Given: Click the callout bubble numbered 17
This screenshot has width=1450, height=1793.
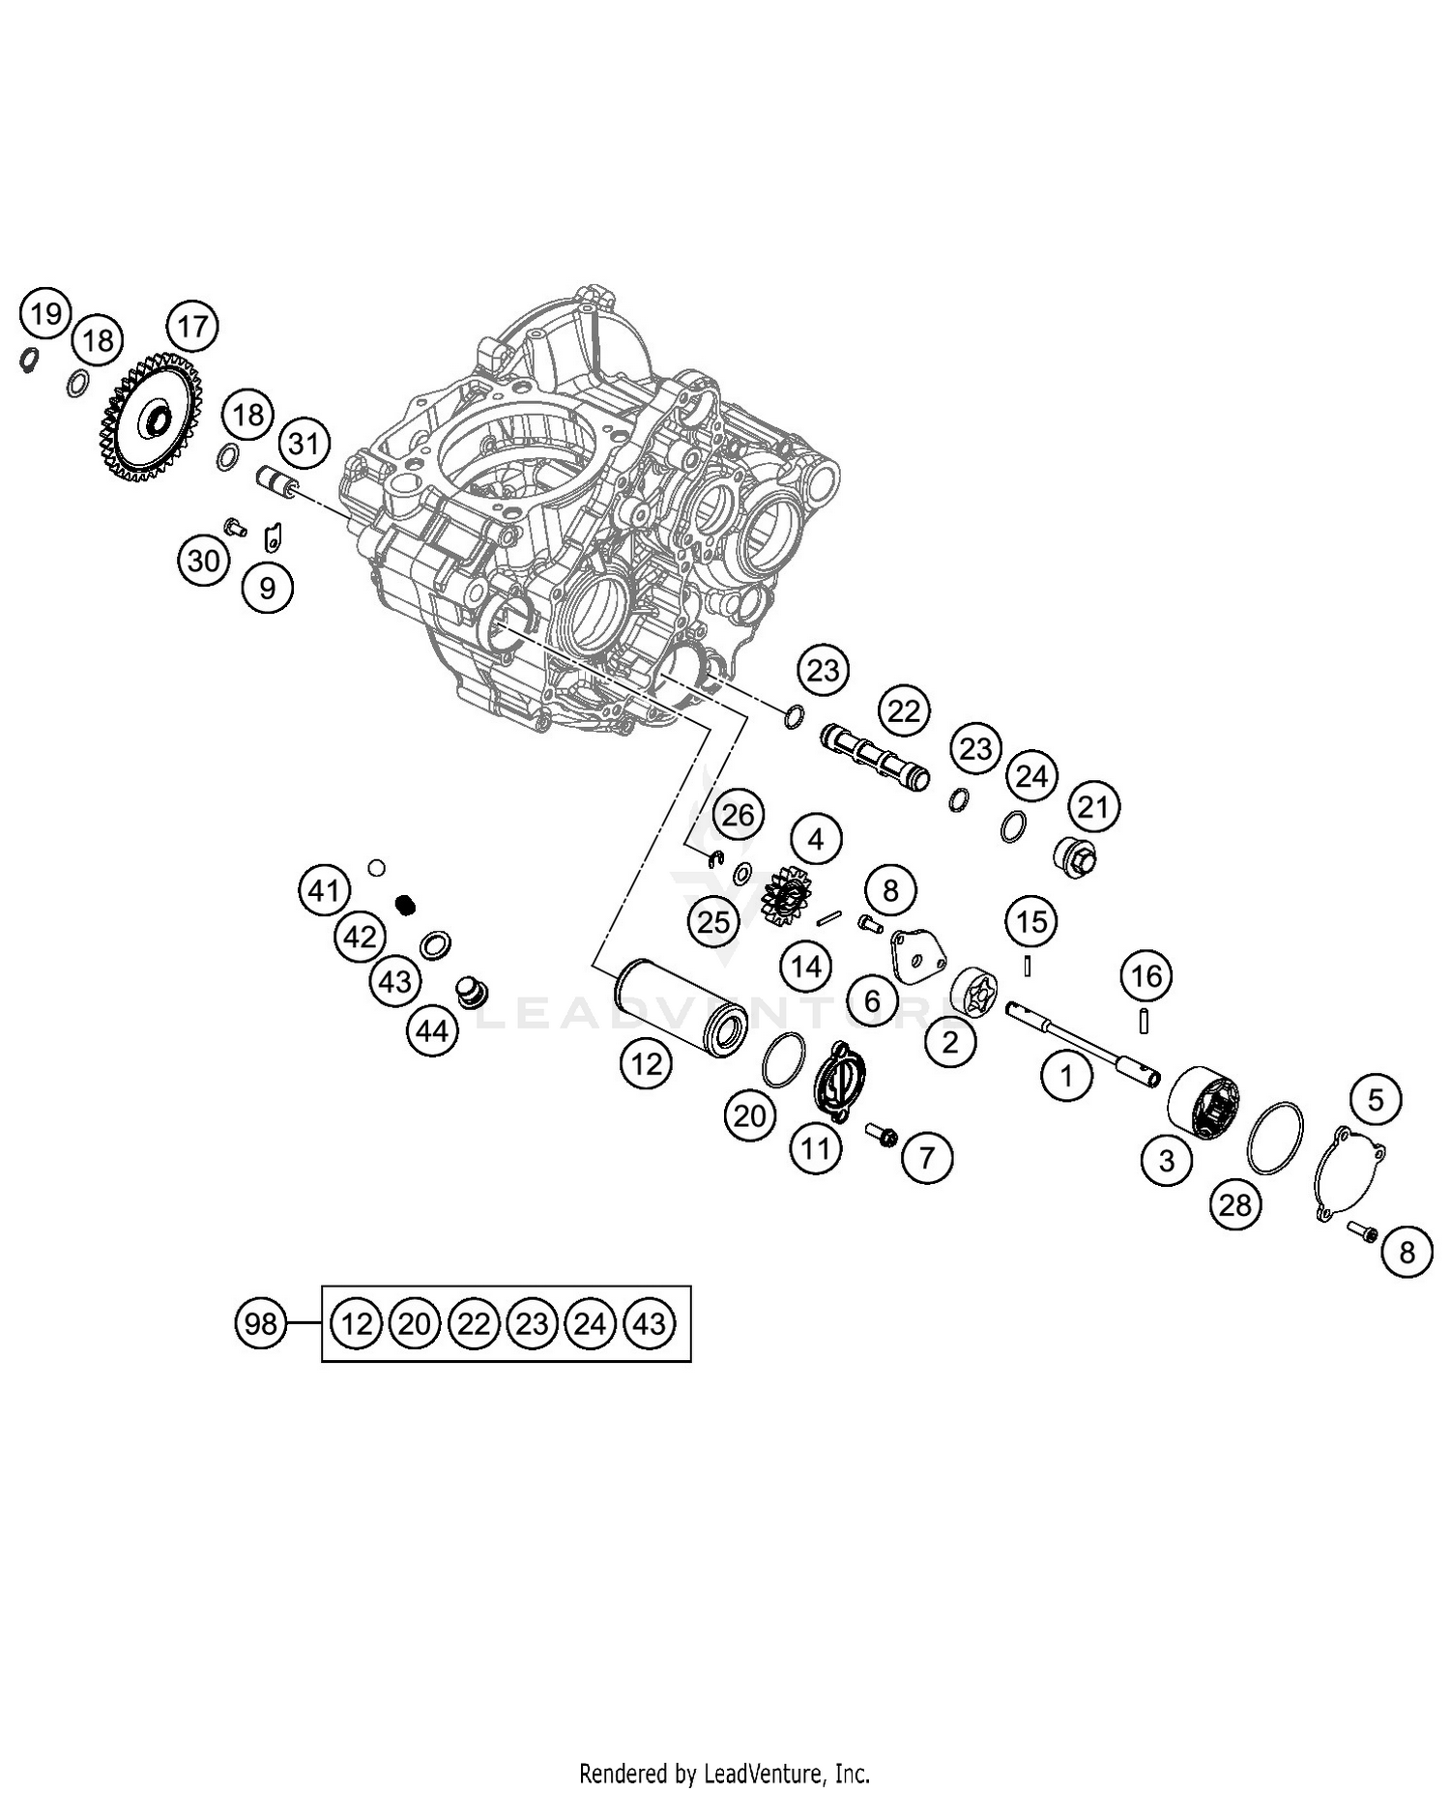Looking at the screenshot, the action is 192,326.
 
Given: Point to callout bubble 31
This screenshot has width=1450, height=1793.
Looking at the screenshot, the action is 304,444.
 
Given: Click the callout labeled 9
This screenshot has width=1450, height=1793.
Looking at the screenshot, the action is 268,587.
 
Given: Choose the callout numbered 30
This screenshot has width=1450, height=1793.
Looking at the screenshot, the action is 203,561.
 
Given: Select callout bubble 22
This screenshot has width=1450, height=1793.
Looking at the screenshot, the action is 904,711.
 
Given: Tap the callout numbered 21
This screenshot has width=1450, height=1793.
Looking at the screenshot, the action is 1093,806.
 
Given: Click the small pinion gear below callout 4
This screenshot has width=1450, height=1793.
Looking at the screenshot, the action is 786,893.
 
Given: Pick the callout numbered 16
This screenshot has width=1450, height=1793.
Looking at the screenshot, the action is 1146,976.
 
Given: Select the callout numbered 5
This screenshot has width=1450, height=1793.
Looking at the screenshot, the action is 1376,1099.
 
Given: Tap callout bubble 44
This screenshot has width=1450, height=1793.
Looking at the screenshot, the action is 432,1031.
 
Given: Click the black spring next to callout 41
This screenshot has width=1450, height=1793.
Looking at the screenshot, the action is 408,905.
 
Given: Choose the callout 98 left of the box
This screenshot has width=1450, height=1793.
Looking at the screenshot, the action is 261,1323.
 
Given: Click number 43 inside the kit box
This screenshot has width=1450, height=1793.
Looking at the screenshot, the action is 650,1323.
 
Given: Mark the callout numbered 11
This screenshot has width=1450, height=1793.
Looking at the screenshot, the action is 815,1148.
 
